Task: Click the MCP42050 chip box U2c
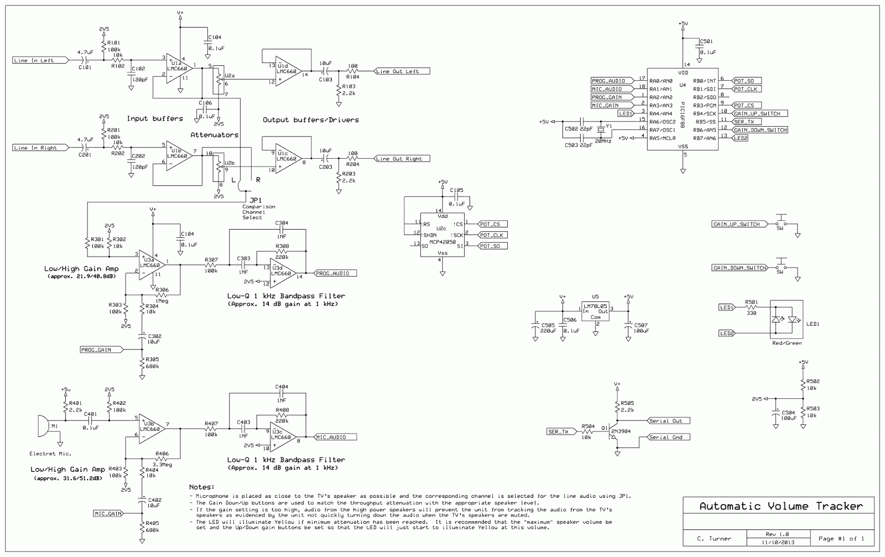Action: (x=441, y=235)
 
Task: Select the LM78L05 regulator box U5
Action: (x=595, y=312)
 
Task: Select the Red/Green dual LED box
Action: (x=786, y=320)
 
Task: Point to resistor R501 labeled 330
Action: (x=751, y=308)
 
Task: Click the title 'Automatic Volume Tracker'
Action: (x=780, y=506)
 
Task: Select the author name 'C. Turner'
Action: (x=714, y=538)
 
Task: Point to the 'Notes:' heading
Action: (x=201, y=487)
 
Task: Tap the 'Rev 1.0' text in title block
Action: (x=777, y=534)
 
